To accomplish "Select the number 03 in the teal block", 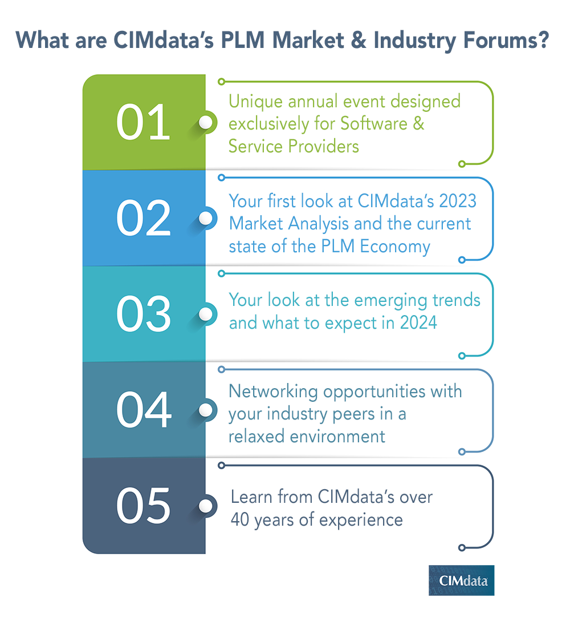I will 143,313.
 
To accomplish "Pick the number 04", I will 143,409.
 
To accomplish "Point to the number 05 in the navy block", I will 143,506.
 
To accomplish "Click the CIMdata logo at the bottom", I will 461,580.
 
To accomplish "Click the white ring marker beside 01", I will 206,122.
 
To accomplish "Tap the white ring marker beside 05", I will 206,506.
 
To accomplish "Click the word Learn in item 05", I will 252,497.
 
